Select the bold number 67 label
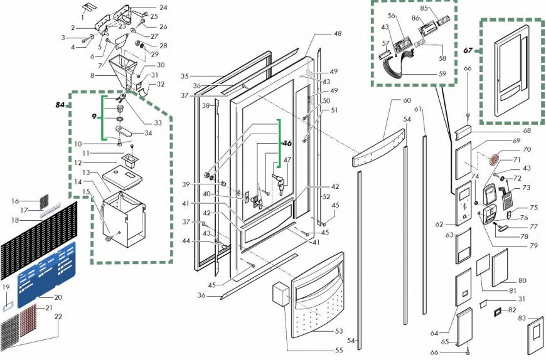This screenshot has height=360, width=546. point(468,50)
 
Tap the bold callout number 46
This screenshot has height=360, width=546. point(287,144)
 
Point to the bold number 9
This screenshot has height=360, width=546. point(94,117)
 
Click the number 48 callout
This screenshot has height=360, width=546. point(338,33)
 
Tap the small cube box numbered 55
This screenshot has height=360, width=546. point(277,292)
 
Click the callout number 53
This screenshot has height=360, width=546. point(340,331)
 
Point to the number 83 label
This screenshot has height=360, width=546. point(521,319)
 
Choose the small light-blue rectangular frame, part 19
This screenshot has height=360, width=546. point(8,307)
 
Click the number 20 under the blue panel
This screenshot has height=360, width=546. point(58,297)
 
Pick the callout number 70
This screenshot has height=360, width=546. point(508,150)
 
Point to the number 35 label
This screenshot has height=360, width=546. point(185,76)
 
